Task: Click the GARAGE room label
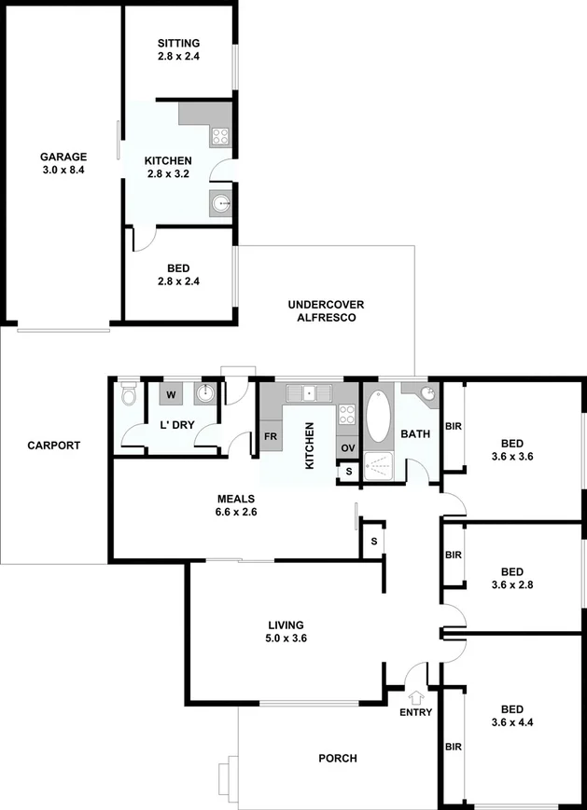point(63,157)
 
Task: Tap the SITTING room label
point(178,43)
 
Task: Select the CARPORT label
point(54,446)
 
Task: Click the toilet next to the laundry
point(130,398)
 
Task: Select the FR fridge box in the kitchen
point(271,436)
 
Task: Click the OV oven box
point(347,448)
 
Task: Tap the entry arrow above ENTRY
point(415,694)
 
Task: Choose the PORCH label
point(338,759)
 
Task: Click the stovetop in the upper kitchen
point(221,137)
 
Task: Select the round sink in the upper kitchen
point(221,202)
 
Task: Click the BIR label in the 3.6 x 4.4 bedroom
point(454,747)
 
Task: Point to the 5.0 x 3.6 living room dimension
point(287,638)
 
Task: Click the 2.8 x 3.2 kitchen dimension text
point(168,173)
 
